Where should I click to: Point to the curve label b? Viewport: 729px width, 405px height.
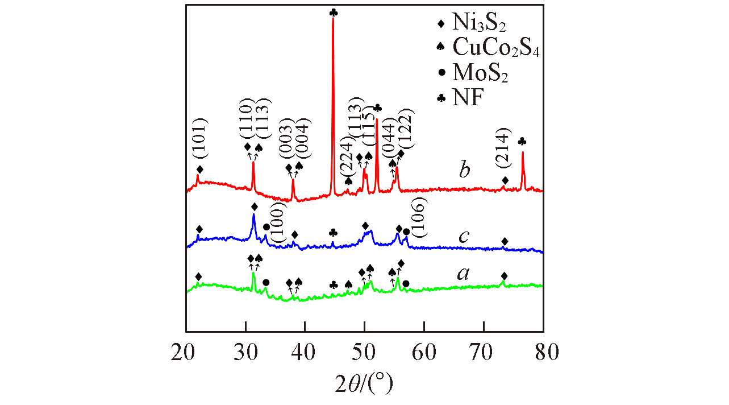tap(465, 170)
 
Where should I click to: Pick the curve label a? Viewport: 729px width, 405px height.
tap(464, 274)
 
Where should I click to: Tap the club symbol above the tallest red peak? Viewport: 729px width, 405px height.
tap(333, 13)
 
